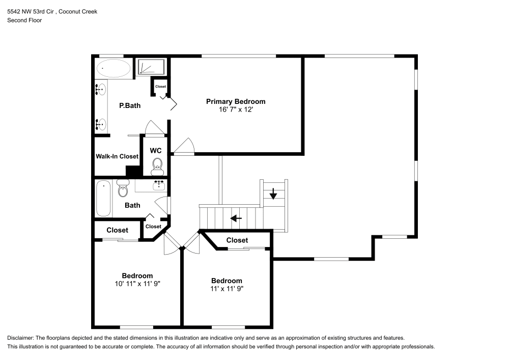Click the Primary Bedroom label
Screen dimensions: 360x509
coord(236,101)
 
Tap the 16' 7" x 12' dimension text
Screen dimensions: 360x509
coord(236,109)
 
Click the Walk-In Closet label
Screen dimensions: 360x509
coord(117,156)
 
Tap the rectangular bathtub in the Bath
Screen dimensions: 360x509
coord(103,199)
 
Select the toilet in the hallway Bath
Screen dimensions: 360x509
coord(123,188)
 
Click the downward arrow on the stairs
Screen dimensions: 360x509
coord(273,193)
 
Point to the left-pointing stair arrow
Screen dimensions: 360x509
coord(236,218)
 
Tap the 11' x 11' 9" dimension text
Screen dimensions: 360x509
coord(227,288)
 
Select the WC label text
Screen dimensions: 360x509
coord(156,151)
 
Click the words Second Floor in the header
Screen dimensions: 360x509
coord(24,20)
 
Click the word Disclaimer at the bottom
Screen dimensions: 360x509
coord(20,338)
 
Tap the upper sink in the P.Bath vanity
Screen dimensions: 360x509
coord(101,90)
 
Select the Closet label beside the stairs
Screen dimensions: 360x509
coord(237,240)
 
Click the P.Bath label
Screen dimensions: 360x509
coord(130,105)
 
